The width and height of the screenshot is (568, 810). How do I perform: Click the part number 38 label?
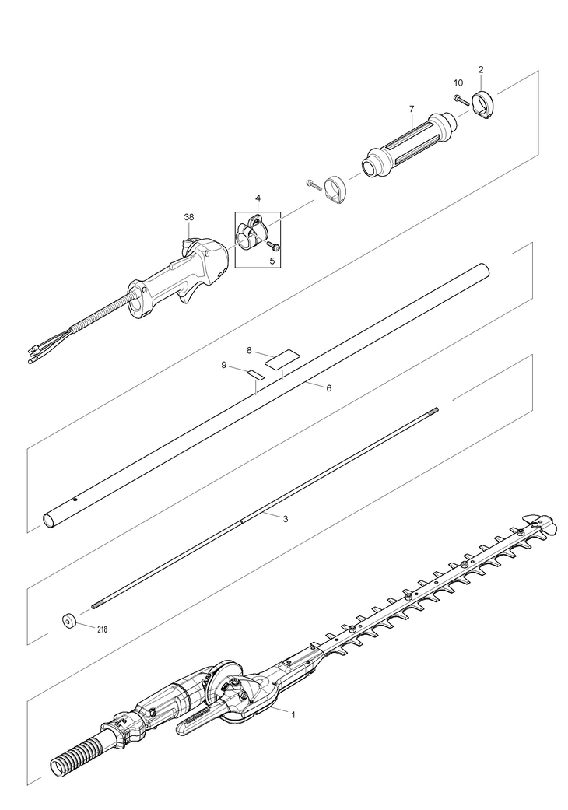point(188,218)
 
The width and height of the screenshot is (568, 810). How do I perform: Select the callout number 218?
point(102,629)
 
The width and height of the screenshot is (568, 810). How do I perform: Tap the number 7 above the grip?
point(412,109)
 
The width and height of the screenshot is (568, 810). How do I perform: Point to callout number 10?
point(458,82)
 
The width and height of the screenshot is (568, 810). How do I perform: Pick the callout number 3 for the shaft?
point(286,518)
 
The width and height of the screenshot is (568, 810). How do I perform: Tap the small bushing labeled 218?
point(68,622)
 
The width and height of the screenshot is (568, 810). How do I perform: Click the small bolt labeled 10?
point(461,100)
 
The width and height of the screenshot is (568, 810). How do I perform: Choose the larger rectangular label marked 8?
point(282,359)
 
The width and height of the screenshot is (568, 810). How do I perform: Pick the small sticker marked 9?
point(254,374)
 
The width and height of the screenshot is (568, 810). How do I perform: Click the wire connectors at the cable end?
point(35,356)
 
